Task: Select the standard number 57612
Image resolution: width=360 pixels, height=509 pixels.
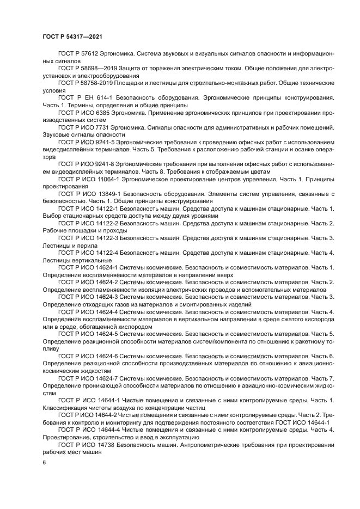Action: (x=89, y=54)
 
